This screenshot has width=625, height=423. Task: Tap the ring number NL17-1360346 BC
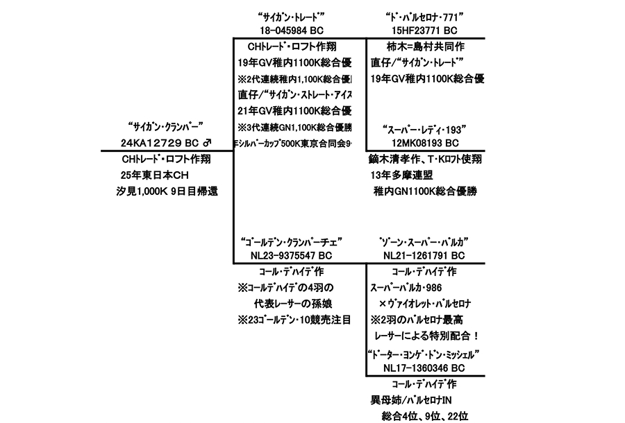click(x=425, y=368)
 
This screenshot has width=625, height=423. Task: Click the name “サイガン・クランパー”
click(x=165, y=128)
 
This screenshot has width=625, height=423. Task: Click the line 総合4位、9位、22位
click(x=425, y=416)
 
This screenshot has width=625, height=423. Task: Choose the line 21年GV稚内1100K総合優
click(x=294, y=111)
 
